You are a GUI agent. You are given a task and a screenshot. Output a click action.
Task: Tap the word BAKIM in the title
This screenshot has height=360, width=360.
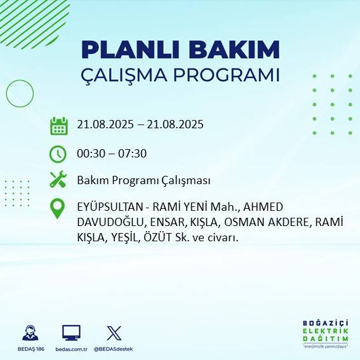click(233, 50)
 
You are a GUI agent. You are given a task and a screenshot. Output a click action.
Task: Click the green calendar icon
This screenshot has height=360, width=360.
click(58, 125)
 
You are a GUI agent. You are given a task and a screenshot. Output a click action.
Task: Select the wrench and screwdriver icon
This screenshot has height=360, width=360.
click(58, 180)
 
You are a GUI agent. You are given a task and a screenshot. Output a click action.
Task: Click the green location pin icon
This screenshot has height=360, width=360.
click(58, 209)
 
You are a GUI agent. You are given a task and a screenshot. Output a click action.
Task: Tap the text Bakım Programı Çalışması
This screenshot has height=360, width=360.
click(143, 180)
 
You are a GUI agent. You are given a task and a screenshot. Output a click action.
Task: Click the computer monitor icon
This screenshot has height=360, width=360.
click(71, 333)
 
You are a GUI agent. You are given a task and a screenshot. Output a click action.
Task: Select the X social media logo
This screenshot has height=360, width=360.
click(114, 333)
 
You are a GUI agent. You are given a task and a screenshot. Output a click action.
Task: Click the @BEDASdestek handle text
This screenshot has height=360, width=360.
click(114, 349)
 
